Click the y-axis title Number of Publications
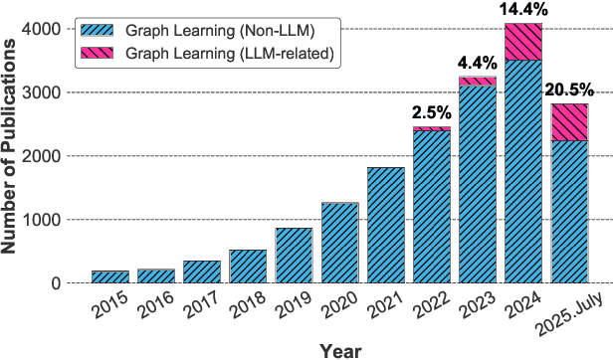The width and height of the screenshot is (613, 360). point(14,154)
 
